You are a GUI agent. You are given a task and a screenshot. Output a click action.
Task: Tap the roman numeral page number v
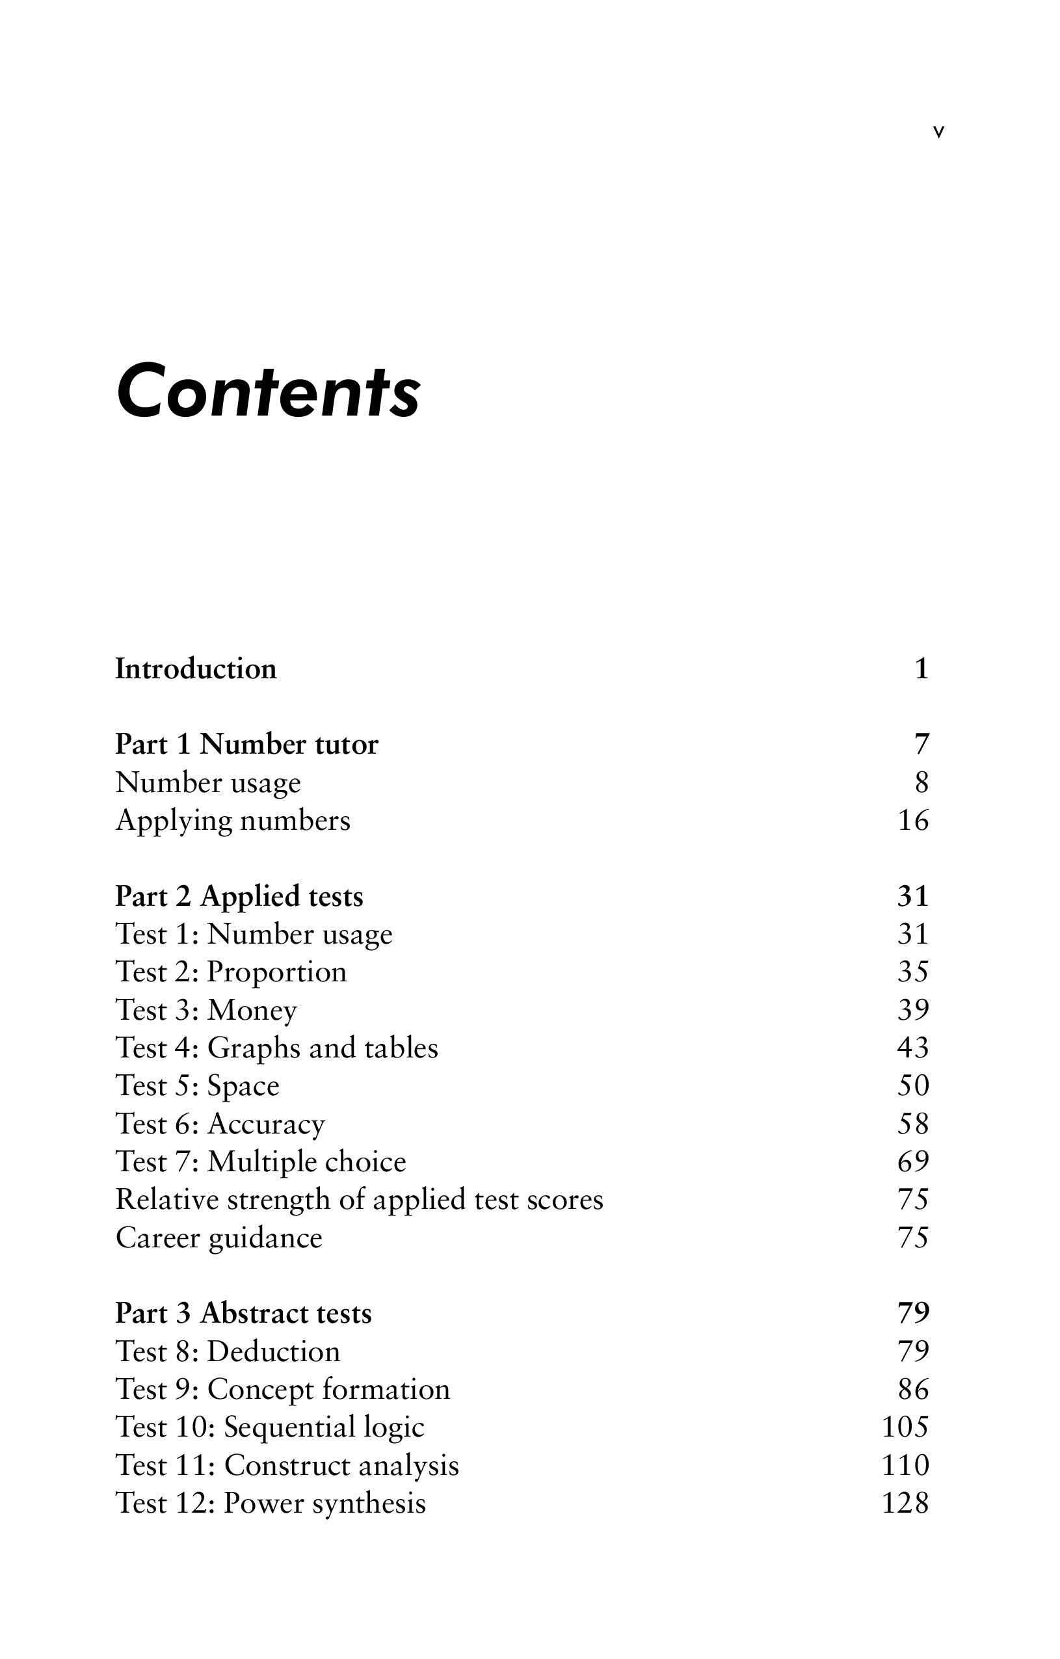pyautogui.click(x=938, y=132)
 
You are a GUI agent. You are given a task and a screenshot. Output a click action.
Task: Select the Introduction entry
pyautogui.click(x=196, y=669)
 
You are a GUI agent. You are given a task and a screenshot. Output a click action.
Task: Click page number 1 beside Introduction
pyautogui.click(x=921, y=669)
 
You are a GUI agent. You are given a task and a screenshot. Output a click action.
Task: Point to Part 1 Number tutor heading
pyautogui.click(x=246, y=745)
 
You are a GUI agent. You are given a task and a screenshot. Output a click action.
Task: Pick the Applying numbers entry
pyautogui.click(x=233, y=821)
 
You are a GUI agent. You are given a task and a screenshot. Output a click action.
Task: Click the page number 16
pyautogui.click(x=913, y=821)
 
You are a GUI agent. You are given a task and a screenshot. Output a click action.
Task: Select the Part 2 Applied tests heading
pyautogui.click(x=239, y=896)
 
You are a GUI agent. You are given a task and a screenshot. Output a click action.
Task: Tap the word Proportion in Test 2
pyautogui.click(x=277, y=972)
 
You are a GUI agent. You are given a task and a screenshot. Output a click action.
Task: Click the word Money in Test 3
pyautogui.click(x=252, y=1010)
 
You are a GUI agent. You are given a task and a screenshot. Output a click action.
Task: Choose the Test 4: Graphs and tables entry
pyautogui.click(x=277, y=1048)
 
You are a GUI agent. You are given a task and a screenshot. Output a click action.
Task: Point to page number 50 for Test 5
pyautogui.click(x=913, y=1086)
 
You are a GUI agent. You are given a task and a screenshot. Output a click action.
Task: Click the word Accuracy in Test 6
pyautogui.click(x=266, y=1124)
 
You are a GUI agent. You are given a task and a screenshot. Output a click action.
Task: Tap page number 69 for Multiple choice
pyautogui.click(x=913, y=1161)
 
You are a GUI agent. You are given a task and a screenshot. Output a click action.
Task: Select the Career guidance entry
pyautogui.click(x=219, y=1238)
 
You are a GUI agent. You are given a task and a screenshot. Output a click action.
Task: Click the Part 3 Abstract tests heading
pyautogui.click(x=243, y=1313)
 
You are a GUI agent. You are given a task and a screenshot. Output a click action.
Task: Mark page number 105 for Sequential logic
pyautogui.click(x=906, y=1427)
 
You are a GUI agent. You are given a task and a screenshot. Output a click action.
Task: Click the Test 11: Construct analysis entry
pyautogui.click(x=287, y=1465)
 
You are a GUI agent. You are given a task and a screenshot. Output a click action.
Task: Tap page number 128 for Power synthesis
pyautogui.click(x=906, y=1503)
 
